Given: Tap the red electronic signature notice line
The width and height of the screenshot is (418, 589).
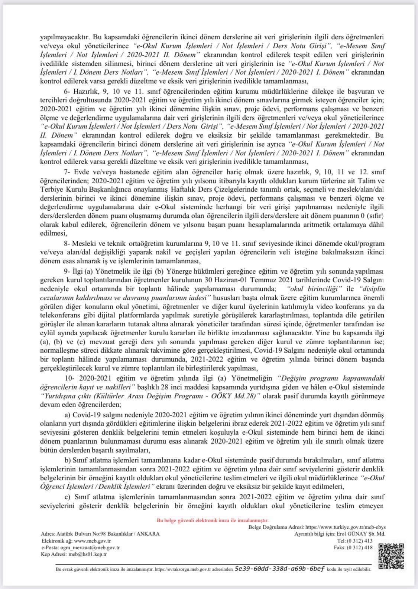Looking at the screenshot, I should [213, 520].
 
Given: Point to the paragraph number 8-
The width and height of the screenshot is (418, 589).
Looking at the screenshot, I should [67, 243].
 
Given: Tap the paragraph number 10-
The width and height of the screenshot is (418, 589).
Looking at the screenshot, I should [69, 378].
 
